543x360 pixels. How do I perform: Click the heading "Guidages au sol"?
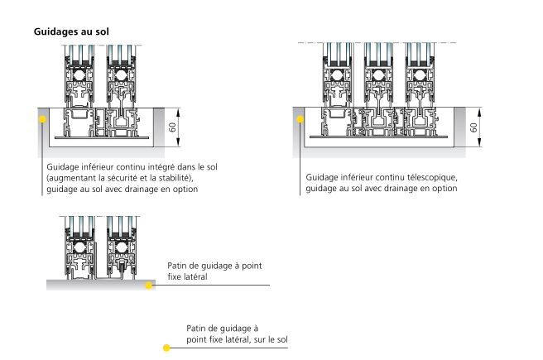72,31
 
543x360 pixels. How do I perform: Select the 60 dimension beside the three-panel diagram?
473,128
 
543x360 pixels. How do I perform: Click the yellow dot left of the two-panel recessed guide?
41,118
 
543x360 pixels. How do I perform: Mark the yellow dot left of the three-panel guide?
299,118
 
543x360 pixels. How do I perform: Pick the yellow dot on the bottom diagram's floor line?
150,285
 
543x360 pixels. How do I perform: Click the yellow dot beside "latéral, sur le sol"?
166,348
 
